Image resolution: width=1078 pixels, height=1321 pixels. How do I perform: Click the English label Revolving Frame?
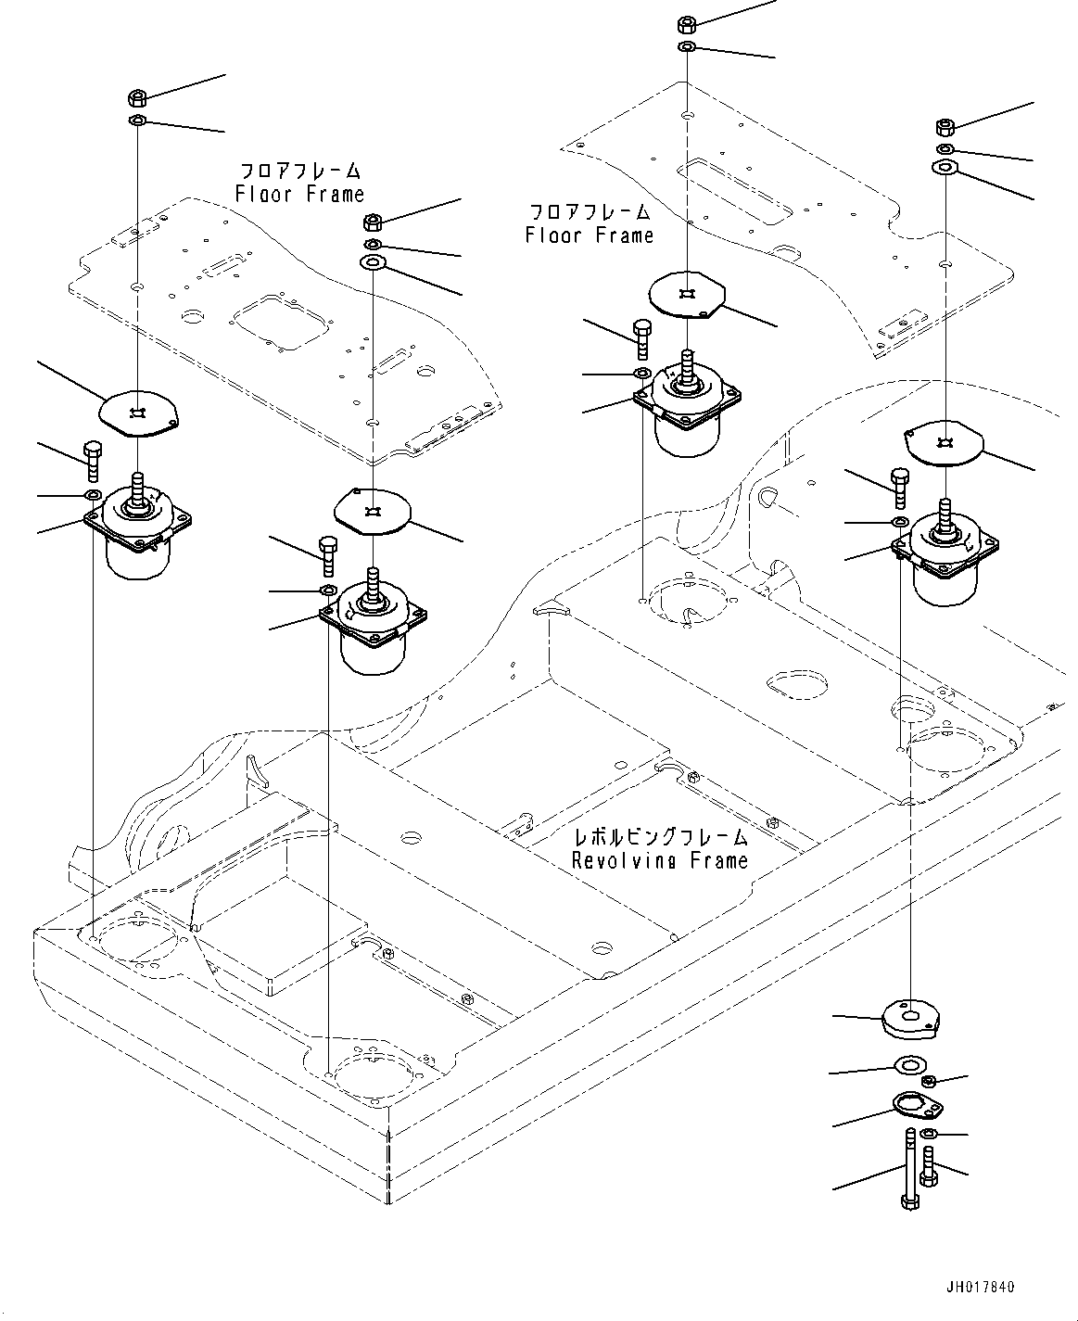click(659, 860)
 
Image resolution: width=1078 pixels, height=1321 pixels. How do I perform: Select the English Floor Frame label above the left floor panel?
click(299, 194)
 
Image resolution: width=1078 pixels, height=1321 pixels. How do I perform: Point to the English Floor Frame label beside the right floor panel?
click(589, 235)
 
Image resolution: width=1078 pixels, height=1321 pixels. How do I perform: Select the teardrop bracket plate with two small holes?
click(917, 1106)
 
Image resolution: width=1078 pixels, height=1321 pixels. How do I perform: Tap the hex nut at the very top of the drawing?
click(688, 23)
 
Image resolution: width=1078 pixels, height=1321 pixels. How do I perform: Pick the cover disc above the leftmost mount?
click(139, 412)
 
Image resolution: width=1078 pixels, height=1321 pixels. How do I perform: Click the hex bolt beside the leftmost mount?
click(93, 460)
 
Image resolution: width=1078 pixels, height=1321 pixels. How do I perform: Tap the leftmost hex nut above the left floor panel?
click(136, 96)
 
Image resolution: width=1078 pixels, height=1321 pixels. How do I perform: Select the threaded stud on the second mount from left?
click(373, 585)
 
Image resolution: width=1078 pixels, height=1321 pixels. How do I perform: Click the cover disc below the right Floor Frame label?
click(687, 296)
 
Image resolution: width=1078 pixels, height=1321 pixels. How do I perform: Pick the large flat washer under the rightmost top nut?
click(944, 167)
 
